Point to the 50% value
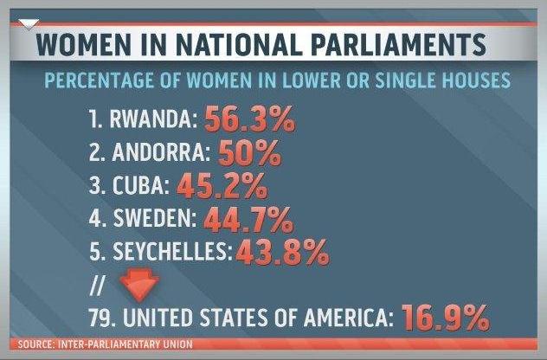pos(249,155)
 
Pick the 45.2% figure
pos(222,187)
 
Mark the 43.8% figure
pos(282,252)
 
